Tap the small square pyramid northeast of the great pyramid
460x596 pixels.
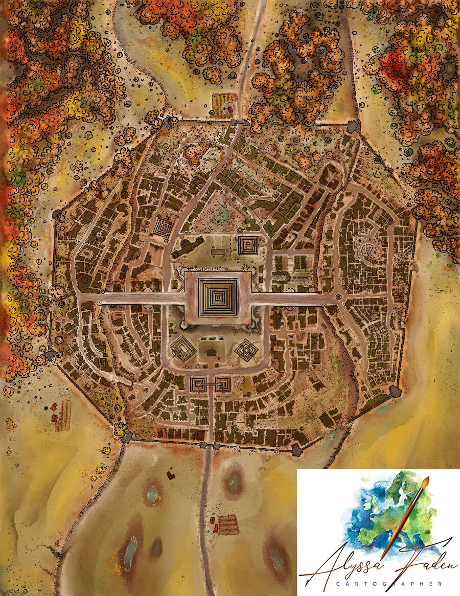pos(248,245)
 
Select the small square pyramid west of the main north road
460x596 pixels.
pos(163,227)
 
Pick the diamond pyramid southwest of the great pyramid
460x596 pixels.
pos(183,350)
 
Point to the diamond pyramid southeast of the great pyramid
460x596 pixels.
pos(247,350)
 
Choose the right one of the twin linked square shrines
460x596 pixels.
pos(222,384)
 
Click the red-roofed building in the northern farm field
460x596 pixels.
pos(229,108)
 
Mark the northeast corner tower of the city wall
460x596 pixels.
pos(353,126)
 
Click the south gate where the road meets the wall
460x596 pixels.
pos(210,445)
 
